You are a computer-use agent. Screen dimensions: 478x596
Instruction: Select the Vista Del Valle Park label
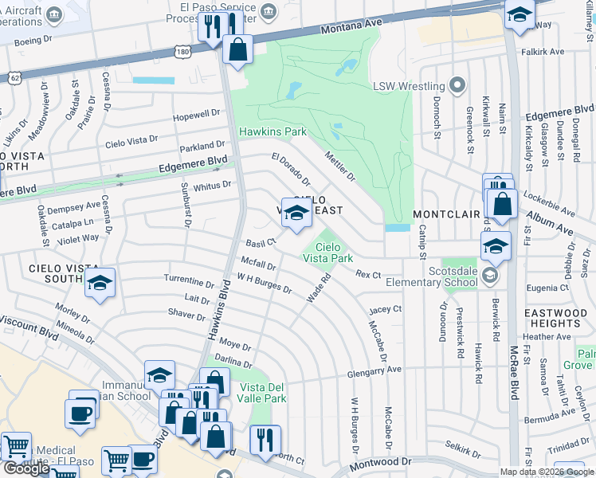[x=263, y=393]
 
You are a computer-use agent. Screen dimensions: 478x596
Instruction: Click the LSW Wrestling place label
[x=409, y=86]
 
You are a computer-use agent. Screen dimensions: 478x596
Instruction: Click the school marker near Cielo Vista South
[x=100, y=283]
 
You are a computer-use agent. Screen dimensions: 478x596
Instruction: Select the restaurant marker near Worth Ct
[x=265, y=437]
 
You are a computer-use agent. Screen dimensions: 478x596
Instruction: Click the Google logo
[x=26, y=468]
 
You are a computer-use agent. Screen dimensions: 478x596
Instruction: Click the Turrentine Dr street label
[x=189, y=282]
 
